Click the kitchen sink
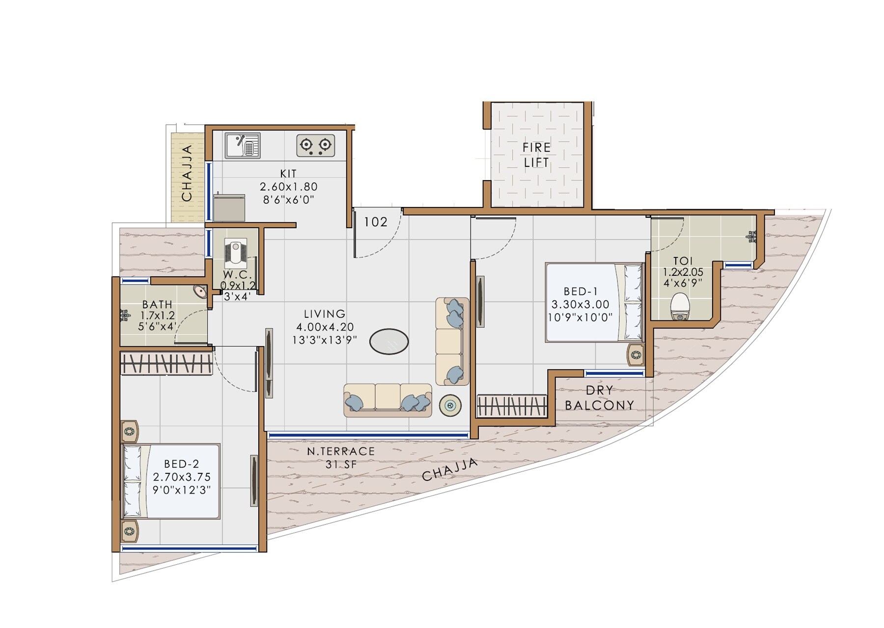pos(242,145)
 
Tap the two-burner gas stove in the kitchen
pos(315,145)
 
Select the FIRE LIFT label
pos(536,155)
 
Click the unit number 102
pos(376,222)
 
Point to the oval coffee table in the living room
pos(389,341)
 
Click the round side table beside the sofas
pos(450,405)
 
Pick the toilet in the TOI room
pos(680,307)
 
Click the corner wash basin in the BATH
pos(200,291)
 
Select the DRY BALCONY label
pos(600,398)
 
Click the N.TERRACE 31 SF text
pos(341,457)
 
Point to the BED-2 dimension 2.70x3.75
pos(182,477)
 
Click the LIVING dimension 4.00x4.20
pos(325,327)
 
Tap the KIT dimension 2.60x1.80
pos(288,187)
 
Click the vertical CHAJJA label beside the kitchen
pos(187,173)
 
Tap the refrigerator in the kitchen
pos(229,208)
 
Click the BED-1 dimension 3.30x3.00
pos(580,304)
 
